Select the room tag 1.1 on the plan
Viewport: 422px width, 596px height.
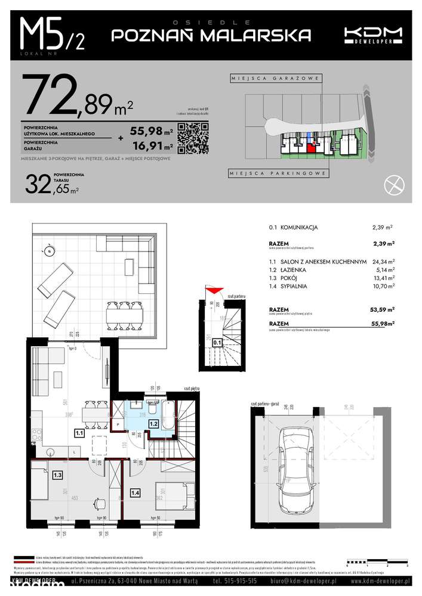pyautogui.click(x=79, y=434)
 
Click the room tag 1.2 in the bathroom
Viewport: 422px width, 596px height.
pyautogui.click(x=153, y=424)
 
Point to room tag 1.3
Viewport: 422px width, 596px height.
pyautogui.click(x=57, y=475)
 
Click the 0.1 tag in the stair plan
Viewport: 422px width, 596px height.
pyautogui.click(x=217, y=343)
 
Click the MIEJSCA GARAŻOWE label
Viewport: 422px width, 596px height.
pyautogui.click(x=276, y=79)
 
